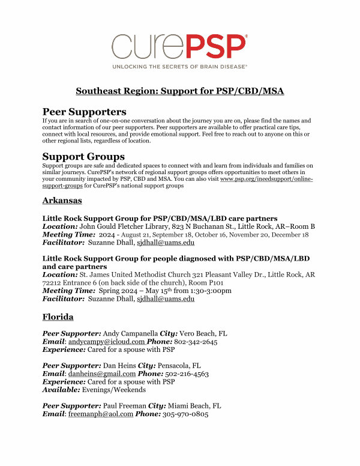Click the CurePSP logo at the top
point(179,46)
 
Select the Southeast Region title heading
point(179,91)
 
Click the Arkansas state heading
point(62,200)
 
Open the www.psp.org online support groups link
point(267,179)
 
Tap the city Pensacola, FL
point(187,365)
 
